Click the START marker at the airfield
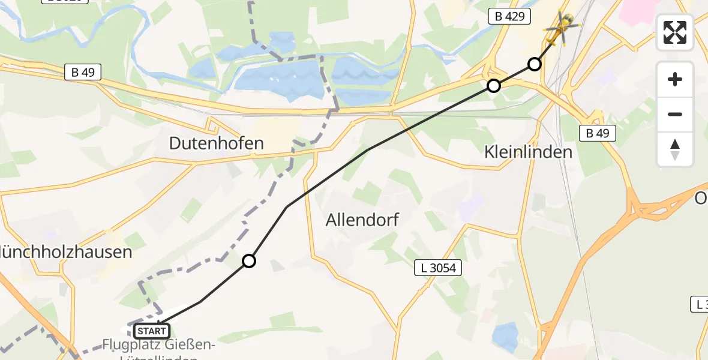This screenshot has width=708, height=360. pos(152,331)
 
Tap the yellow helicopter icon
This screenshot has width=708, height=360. pos(562,28)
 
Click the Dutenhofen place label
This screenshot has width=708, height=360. pos(216,143)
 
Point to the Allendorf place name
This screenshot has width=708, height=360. pos(362,220)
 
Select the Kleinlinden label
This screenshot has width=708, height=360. pos(528,152)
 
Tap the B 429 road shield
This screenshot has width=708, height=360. pos(510,17)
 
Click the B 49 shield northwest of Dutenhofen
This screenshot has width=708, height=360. pos(83,73)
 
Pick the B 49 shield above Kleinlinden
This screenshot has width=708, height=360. pos(598,133)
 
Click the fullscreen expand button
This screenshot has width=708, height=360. pos(675,32)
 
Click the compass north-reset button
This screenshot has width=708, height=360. pos(675,149)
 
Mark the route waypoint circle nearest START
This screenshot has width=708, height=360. pos(249,261)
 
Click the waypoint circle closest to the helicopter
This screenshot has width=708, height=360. pos(535,64)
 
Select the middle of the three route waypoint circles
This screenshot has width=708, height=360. pos(494,86)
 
